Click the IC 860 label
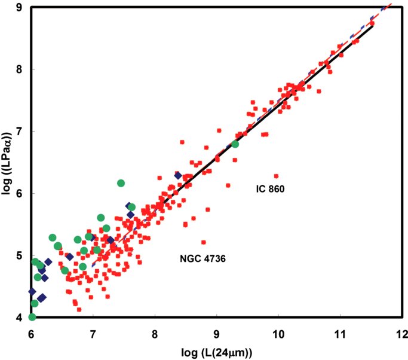tap(271, 188)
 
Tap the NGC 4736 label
tap(203, 258)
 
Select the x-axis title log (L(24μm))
tap(217, 353)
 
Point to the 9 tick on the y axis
tap(19, 8)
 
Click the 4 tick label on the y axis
tap(19, 318)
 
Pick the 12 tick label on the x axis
tap(402, 334)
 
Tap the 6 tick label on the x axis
tap(31, 334)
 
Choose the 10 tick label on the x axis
tap(278, 334)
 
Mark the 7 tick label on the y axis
tap(19, 132)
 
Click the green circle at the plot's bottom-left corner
tap(32, 318)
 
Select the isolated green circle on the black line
tap(235, 144)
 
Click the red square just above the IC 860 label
tap(277, 176)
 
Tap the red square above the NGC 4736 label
tap(204, 242)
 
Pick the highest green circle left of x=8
tap(121, 183)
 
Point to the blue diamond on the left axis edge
tap(32, 291)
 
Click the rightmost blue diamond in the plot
tap(178, 176)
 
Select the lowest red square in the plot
tap(79, 309)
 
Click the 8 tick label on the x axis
tap(155, 334)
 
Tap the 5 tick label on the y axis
tap(19, 255)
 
